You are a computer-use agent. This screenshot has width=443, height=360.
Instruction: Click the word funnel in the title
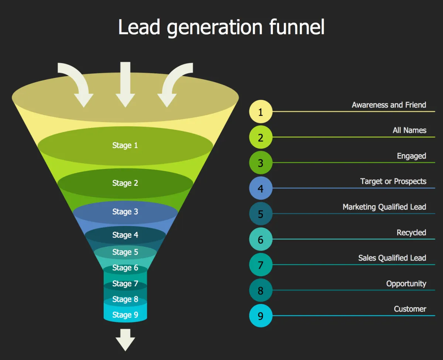tap(297, 27)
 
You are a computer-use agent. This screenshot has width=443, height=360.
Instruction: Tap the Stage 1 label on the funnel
tap(125, 145)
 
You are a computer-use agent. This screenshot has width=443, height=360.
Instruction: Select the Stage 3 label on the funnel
tap(125, 212)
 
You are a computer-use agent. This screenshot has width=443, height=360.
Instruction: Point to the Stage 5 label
tap(125, 252)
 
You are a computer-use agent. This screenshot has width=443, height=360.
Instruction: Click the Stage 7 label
tap(125, 284)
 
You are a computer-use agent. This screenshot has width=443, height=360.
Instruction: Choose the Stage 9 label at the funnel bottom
tap(125, 315)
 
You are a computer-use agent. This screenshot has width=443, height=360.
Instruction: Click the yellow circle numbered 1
tap(261, 111)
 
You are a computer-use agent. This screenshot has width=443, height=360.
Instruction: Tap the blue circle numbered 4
tap(261, 188)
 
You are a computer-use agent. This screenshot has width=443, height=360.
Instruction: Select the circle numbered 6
tap(261, 239)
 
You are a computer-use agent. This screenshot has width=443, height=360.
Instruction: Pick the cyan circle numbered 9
tap(261, 315)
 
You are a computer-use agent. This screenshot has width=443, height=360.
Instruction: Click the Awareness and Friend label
tap(389, 105)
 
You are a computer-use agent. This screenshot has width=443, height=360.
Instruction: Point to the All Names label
tap(409, 130)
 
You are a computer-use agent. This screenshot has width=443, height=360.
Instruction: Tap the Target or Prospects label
tap(393, 181)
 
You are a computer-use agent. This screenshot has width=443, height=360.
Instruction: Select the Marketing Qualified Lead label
tap(384, 207)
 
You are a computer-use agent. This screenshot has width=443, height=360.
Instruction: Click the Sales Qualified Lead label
tap(392, 258)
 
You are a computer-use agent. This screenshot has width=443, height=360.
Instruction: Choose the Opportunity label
tap(406, 284)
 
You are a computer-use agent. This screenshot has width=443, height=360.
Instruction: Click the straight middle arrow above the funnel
tap(126, 84)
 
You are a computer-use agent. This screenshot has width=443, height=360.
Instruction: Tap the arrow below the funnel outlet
tap(126, 340)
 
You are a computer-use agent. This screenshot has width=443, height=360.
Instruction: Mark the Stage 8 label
tap(125, 299)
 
